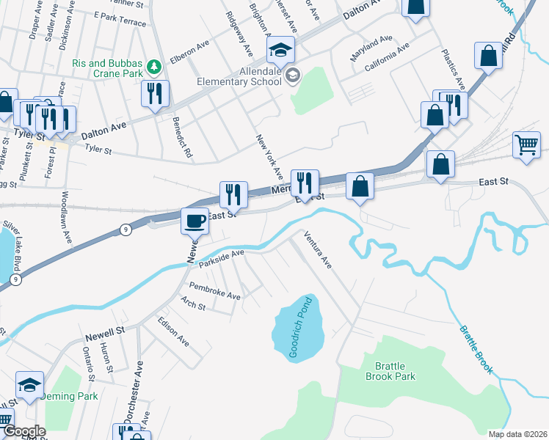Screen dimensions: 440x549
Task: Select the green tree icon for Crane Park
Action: pyautogui.click(x=154, y=67)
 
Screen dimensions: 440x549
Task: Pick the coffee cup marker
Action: pyautogui.click(x=195, y=220)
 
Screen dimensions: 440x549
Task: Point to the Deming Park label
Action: pyautogui.click(x=68, y=396)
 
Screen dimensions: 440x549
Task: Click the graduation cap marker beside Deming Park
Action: pyautogui.click(x=29, y=385)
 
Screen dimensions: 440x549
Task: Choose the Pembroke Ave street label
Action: pyautogui.click(x=214, y=290)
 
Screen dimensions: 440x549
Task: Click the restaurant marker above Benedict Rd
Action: pyautogui.click(x=155, y=94)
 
